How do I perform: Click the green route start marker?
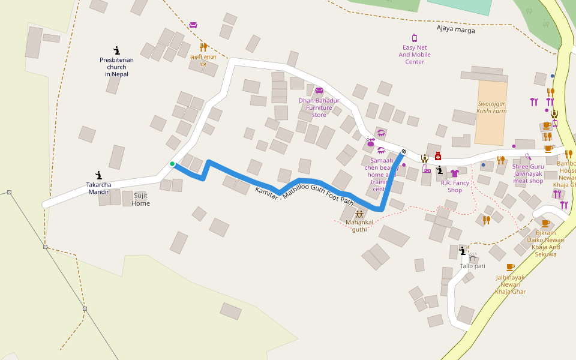172,164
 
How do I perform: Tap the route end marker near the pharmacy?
404,151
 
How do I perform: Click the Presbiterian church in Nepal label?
116,67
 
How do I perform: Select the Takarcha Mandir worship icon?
98,175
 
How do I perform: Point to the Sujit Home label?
141,199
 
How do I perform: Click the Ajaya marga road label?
455,29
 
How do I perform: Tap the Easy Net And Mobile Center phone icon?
414,38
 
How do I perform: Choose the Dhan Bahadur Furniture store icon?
319,91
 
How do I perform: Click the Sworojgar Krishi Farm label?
491,107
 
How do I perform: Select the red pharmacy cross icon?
438,156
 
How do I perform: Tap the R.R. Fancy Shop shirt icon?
454,173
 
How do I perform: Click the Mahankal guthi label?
359,226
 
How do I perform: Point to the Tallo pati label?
472,266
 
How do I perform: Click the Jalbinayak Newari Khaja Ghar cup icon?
510,267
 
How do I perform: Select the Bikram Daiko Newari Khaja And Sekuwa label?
545,243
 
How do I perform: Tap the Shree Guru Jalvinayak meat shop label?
528,173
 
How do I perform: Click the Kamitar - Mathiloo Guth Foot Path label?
304,196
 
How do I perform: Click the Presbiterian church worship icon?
116,50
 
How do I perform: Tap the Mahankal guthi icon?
359,214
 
